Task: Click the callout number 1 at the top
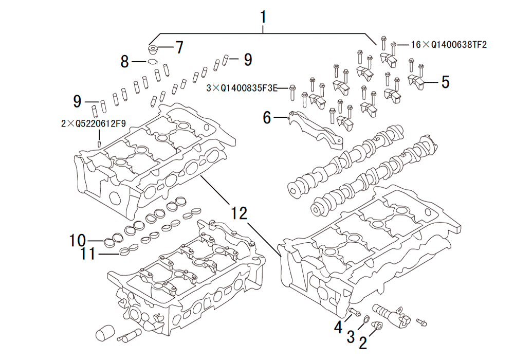[x=263, y=17]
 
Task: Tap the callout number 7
[x=178, y=48]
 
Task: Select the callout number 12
[x=238, y=212]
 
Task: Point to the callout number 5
[x=444, y=81]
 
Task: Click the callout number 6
[x=266, y=118]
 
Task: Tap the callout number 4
[x=338, y=326]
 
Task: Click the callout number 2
[x=363, y=343]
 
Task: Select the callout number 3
[x=351, y=337]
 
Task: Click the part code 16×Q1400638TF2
[x=448, y=45]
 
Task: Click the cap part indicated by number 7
[x=153, y=50]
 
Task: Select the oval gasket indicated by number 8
[x=153, y=62]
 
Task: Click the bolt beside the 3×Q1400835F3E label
[x=292, y=92]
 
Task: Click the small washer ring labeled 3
[x=365, y=321]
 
